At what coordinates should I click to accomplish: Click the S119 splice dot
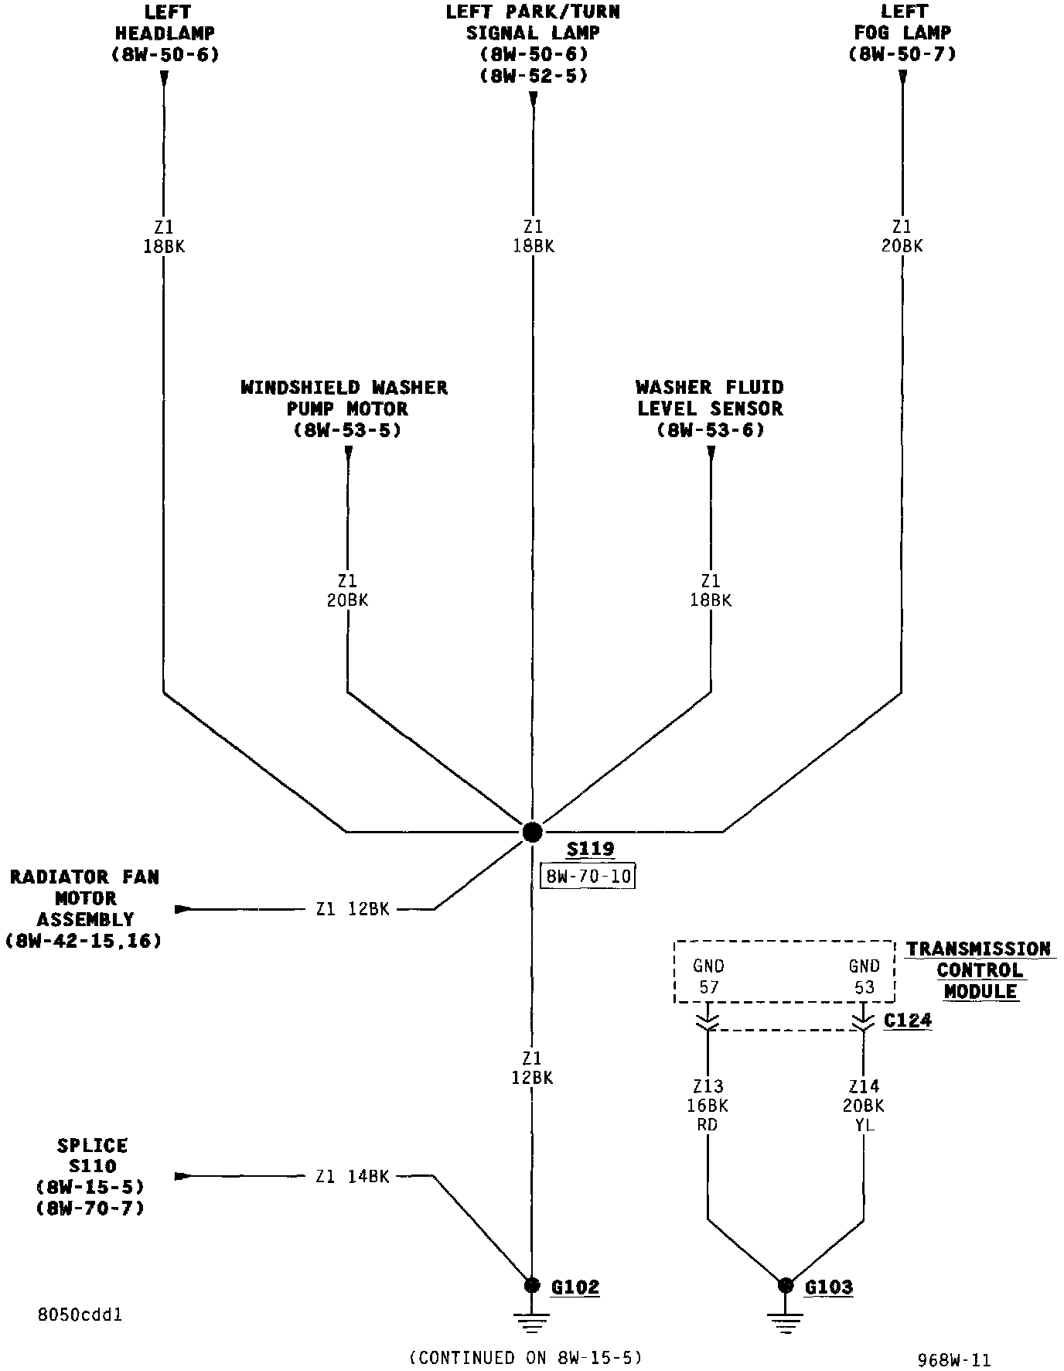click(532, 832)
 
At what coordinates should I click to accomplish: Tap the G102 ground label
click(575, 1287)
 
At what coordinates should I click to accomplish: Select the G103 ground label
click(828, 1287)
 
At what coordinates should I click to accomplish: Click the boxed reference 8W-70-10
click(588, 877)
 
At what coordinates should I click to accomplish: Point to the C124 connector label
click(908, 1021)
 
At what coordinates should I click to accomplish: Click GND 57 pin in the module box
click(708, 976)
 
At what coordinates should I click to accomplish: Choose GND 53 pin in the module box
click(864, 976)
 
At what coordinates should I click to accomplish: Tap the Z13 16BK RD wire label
click(708, 1106)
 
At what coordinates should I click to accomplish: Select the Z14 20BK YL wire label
click(863, 1106)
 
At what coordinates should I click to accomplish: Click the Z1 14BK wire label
click(353, 1177)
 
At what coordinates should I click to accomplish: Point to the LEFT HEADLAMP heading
click(165, 33)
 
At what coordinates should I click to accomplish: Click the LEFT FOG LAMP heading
click(902, 33)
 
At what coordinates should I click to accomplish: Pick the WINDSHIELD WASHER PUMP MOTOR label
click(345, 409)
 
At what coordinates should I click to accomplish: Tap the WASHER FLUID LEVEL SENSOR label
click(710, 409)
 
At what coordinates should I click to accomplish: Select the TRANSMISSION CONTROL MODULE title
click(979, 970)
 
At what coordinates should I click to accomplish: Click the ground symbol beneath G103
click(786, 1324)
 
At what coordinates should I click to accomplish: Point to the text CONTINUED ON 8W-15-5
click(526, 1357)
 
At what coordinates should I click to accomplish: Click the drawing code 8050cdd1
click(80, 1315)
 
